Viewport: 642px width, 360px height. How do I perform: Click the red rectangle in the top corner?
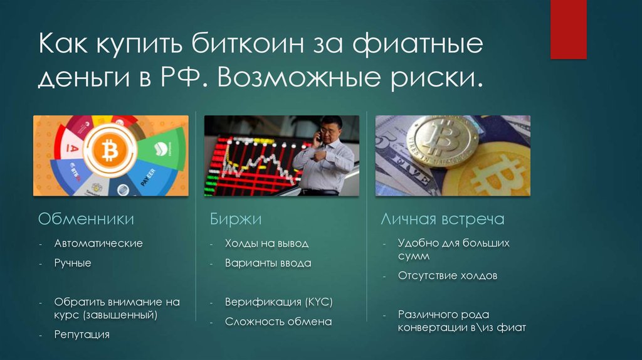568,29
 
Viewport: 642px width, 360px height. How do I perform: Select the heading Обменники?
86,219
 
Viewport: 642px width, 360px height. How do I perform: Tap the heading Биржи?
236,219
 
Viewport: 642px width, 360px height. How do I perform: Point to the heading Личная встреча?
443,219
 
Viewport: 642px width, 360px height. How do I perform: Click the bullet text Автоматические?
98,243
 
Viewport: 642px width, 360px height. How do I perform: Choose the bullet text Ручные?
73,263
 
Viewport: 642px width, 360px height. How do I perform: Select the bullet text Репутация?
82,335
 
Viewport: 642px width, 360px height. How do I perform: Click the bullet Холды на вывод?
266,243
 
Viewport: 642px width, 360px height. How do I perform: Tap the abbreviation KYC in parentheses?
319,302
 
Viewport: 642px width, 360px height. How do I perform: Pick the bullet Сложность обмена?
278,322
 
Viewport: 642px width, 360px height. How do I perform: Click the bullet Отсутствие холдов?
448,275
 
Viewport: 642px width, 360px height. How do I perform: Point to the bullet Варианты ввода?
268,263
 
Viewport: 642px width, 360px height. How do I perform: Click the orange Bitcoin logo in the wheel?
109,151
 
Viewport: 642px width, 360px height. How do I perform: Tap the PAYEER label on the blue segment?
149,177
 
